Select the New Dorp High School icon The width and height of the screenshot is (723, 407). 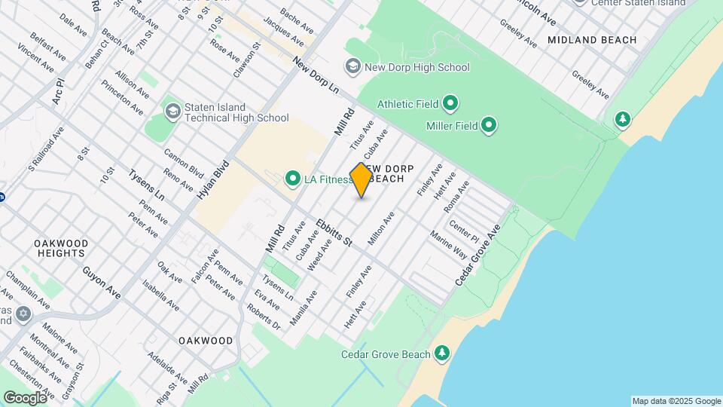click(x=352, y=67)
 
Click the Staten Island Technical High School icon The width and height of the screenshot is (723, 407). click(x=172, y=112)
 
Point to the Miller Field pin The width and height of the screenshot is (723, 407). click(x=489, y=125)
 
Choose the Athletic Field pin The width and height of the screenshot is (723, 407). click(x=450, y=103)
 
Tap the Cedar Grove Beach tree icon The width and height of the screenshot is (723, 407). click(x=441, y=353)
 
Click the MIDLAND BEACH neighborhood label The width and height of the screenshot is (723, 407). click(x=592, y=40)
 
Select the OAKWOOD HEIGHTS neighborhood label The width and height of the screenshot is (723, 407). click(x=61, y=248)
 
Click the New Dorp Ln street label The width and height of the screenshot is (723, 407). click(x=316, y=75)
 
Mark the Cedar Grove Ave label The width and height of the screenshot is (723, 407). click(x=477, y=256)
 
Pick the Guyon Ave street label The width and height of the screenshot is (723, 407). click(x=102, y=282)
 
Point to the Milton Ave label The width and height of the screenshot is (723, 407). click(x=381, y=228)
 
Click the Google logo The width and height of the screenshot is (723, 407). click(x=26, y=397)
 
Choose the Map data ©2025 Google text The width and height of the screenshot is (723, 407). click(x=676, y=401)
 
